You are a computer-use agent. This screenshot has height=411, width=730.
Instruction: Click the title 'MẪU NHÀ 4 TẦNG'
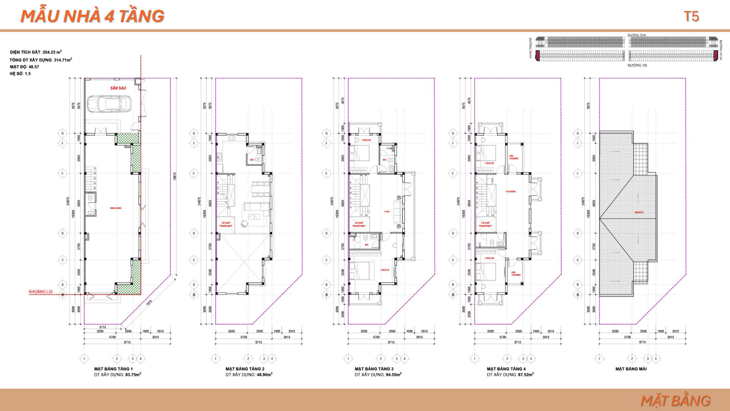coord(92,16)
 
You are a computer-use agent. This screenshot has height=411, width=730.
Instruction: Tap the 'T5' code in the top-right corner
coord(691,16)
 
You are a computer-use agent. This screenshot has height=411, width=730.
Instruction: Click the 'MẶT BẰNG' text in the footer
coord(675,400)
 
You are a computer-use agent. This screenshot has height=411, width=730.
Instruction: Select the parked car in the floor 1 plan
coord(109,104)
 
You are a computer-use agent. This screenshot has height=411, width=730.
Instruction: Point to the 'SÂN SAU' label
coord(118,88)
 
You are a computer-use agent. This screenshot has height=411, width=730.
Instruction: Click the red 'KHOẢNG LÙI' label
coord(41,291)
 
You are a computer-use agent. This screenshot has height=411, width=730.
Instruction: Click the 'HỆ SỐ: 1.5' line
coord(21,74)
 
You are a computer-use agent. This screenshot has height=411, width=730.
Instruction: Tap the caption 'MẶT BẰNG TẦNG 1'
coord(114,369)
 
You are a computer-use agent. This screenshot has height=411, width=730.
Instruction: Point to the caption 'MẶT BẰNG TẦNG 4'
coord(506,369)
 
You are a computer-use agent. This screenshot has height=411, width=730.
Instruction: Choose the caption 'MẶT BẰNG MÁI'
coord(631,369)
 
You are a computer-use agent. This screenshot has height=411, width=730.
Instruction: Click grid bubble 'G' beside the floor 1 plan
coord(63,133)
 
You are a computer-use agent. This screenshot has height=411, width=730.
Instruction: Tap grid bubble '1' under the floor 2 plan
coord(216,358)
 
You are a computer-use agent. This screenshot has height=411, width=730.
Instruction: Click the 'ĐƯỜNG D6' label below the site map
coord(637,65)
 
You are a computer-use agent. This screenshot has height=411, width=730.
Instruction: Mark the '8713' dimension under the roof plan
coord(642,342)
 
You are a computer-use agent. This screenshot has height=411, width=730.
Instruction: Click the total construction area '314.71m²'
coord(63,60)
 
